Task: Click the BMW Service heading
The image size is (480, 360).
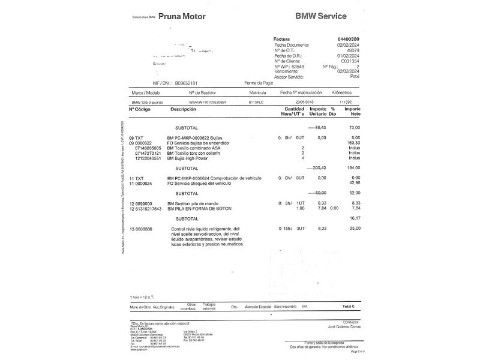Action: [325, 17]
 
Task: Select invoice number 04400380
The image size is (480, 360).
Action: [349, 39]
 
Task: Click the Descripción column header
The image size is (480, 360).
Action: [183, 109]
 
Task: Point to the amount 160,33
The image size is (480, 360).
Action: [353, 143]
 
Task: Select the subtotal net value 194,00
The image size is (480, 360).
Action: [353, 168]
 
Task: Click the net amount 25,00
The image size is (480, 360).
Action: [353, 229]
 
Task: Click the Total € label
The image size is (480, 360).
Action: [349, 307]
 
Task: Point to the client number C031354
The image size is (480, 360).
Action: [350, 61]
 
